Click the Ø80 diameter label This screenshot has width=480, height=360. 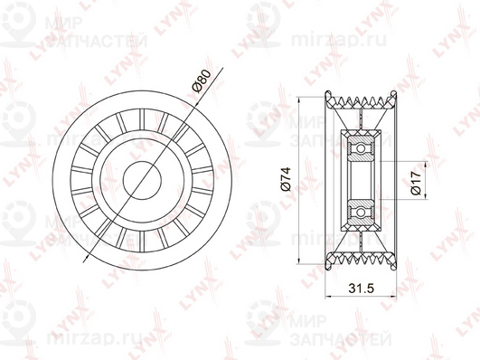click(x=201, y=81)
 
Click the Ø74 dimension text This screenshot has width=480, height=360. click(x=286, y=179)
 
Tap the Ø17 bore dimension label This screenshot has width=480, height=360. click(x=416, y=183)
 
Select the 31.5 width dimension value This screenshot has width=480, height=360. click(x=362, y=288)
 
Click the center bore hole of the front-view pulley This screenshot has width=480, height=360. click(x=142, y=181)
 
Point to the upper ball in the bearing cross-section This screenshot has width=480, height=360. click(x=361, y=149)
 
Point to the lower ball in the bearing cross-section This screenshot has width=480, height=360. click(x=361, y=212)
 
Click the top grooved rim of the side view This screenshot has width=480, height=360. click(x=361, y=100)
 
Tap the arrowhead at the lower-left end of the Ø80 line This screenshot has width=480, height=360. click(x=86, y=260)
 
